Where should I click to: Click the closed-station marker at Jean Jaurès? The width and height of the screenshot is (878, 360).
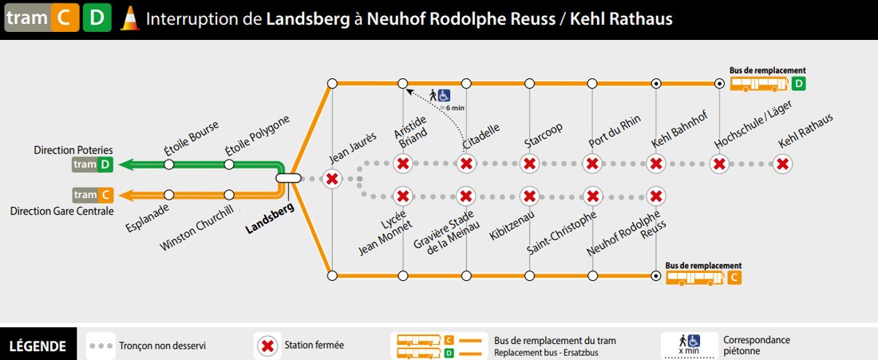(332, 179)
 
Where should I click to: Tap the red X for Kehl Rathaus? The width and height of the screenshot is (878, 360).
(782, 164)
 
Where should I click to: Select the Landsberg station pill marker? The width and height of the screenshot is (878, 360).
(288, 178)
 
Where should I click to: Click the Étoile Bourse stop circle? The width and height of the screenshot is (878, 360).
(168, 164)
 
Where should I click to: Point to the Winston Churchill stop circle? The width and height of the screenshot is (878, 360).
(228, 195)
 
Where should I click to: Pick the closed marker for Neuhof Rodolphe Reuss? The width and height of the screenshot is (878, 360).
(655, 196)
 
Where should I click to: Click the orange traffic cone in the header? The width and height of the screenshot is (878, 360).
(130, 18)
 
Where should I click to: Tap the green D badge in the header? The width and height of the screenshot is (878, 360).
(97, 18)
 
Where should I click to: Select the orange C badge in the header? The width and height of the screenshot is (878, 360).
(65, 18)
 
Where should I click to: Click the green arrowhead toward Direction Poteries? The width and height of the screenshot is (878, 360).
(126, 164)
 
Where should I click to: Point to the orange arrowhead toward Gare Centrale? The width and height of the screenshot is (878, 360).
(127, 195)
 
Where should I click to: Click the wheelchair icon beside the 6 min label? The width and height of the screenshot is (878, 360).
(444, 96)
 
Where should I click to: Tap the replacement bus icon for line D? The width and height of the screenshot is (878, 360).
(759, 85)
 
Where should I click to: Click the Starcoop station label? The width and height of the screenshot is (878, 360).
(543, 136)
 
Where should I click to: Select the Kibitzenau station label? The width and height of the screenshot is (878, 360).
(512, 226)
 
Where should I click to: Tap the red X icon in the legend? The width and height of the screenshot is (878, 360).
(267, 346)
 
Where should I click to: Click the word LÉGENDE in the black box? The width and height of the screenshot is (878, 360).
(38, 346)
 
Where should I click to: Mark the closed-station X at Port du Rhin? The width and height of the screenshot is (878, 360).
(592, 164)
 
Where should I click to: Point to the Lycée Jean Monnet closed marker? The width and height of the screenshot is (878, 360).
(402, 196)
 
